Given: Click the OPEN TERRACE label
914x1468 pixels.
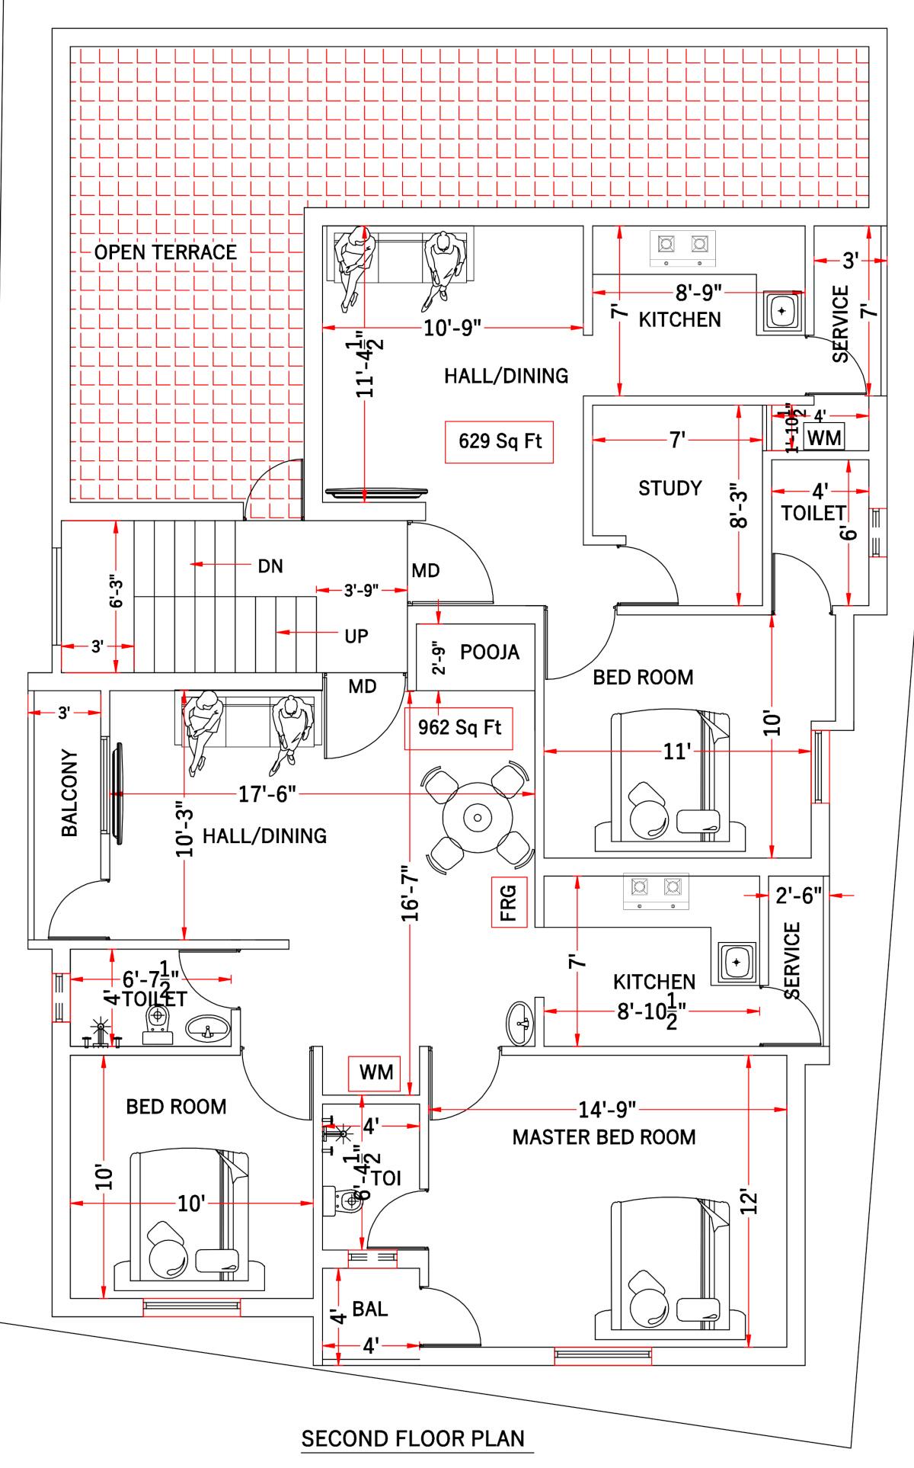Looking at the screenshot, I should (165, 252).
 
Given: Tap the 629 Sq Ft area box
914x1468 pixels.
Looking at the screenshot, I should (499, 441).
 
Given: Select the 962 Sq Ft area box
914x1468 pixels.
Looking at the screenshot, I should (459, 727).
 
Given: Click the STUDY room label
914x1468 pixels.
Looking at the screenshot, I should (670, 488).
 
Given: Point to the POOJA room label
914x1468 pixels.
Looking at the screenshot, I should (490, 652).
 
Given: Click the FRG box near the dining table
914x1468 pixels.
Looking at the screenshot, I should (508, 901).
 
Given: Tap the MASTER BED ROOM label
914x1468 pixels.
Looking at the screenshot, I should (603, 1137).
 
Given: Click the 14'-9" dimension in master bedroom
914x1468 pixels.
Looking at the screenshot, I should (606, 1109).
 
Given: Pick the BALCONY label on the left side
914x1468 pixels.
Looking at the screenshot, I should (69, 793).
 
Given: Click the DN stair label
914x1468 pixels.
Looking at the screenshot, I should (270, 566).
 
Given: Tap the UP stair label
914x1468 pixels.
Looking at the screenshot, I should (356, 636).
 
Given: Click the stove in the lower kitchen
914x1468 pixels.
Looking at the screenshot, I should (656, 891).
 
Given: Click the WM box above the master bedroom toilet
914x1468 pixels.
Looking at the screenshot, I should (376, 1072).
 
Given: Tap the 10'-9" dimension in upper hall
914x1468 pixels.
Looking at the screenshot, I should (452, 329).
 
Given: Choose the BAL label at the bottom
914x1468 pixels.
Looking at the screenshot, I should (369, 1309).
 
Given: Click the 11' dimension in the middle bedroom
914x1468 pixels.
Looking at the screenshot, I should (676, 752).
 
